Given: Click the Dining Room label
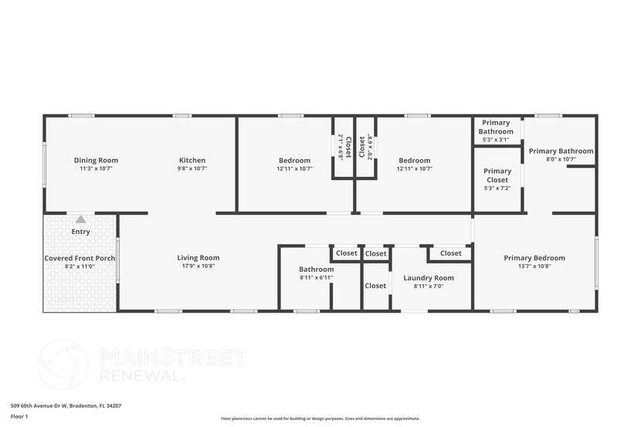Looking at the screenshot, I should (x=96, y=161).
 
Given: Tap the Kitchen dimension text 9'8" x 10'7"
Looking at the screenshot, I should (x=192, y=168).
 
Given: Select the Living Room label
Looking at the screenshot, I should (x=198, y=258).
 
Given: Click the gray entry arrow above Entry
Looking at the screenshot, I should (x=81, y=219).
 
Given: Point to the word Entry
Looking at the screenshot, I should (x=81, y=232).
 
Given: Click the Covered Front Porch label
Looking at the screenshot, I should (x=80, y=258).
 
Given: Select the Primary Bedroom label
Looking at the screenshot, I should (x=534, y=258).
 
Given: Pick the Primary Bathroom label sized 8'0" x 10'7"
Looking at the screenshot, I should (x=561, y=151).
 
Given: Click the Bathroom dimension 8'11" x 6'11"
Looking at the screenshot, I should (x=317, y=278).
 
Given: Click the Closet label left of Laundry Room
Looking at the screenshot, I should (x=375, y=286).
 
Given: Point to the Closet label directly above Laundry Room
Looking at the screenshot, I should (x=451, y=253).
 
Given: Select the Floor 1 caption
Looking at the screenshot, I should (x=19, y=417).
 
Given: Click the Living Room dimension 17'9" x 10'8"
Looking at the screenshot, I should (x=198, y=266).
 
